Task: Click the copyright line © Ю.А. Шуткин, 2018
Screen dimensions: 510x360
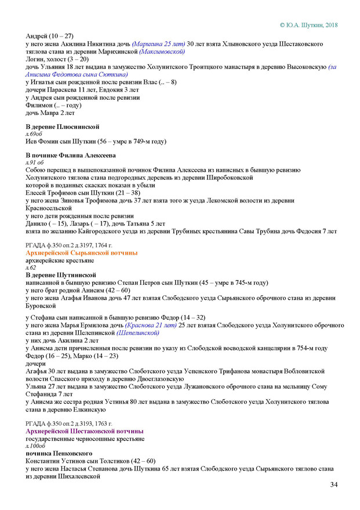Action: tap(308, 25)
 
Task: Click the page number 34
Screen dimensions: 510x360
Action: tap(334, 484)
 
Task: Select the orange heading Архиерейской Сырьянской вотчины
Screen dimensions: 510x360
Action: tap(82, 254)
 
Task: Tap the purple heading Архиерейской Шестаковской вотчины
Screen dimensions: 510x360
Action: tap(85, 432)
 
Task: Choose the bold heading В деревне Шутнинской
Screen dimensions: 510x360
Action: tap(61, 274)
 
